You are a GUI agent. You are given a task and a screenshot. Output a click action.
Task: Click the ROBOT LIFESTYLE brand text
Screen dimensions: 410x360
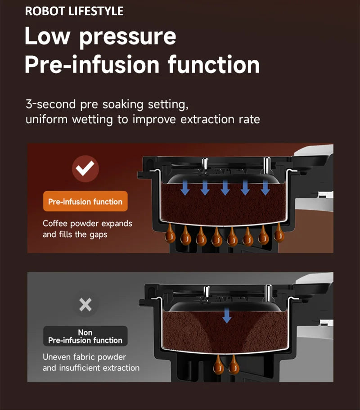click(x=74, y=11)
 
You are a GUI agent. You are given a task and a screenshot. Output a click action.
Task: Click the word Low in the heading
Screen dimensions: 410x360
click(x=48, y=36)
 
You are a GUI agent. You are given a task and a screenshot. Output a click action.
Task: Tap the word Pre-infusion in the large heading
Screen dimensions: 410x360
click(x=92, y=65)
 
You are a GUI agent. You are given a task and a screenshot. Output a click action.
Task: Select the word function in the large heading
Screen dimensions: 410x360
click(x=214, y=65)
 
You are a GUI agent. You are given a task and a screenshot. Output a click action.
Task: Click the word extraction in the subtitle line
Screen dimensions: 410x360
click(x=206, y=120)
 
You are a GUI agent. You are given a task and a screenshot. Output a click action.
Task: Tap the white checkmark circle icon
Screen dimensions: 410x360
click(x=85, y=169)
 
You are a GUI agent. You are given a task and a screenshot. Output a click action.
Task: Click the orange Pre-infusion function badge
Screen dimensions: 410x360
click(x=85, y=202)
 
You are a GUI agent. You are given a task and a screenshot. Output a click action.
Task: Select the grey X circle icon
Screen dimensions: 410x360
click(x=85, y=305)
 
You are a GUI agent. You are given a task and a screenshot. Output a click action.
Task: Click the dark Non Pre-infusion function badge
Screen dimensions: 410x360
click(x=85, y=336)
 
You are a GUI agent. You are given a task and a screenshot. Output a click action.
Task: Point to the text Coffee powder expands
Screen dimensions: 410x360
click(x=87, y=224)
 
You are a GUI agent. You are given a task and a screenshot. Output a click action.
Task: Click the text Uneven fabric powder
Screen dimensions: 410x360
click(x=84, y=357)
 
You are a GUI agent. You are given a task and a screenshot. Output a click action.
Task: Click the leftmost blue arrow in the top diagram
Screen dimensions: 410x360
click(x=185, y=188)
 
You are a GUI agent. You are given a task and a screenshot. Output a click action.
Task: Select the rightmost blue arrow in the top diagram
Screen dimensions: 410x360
click(x=265, y=188)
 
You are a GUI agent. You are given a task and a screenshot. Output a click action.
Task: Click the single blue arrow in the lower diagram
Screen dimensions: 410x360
click(x=227, y=316)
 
